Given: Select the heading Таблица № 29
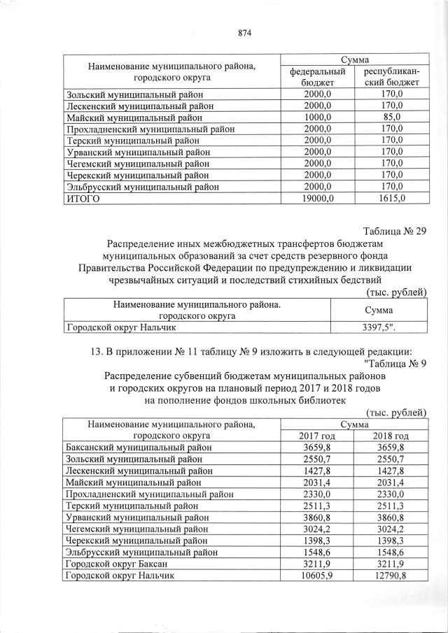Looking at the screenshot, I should click(x=394, y=232).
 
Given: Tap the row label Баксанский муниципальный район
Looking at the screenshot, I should click(x=133, y=448).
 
